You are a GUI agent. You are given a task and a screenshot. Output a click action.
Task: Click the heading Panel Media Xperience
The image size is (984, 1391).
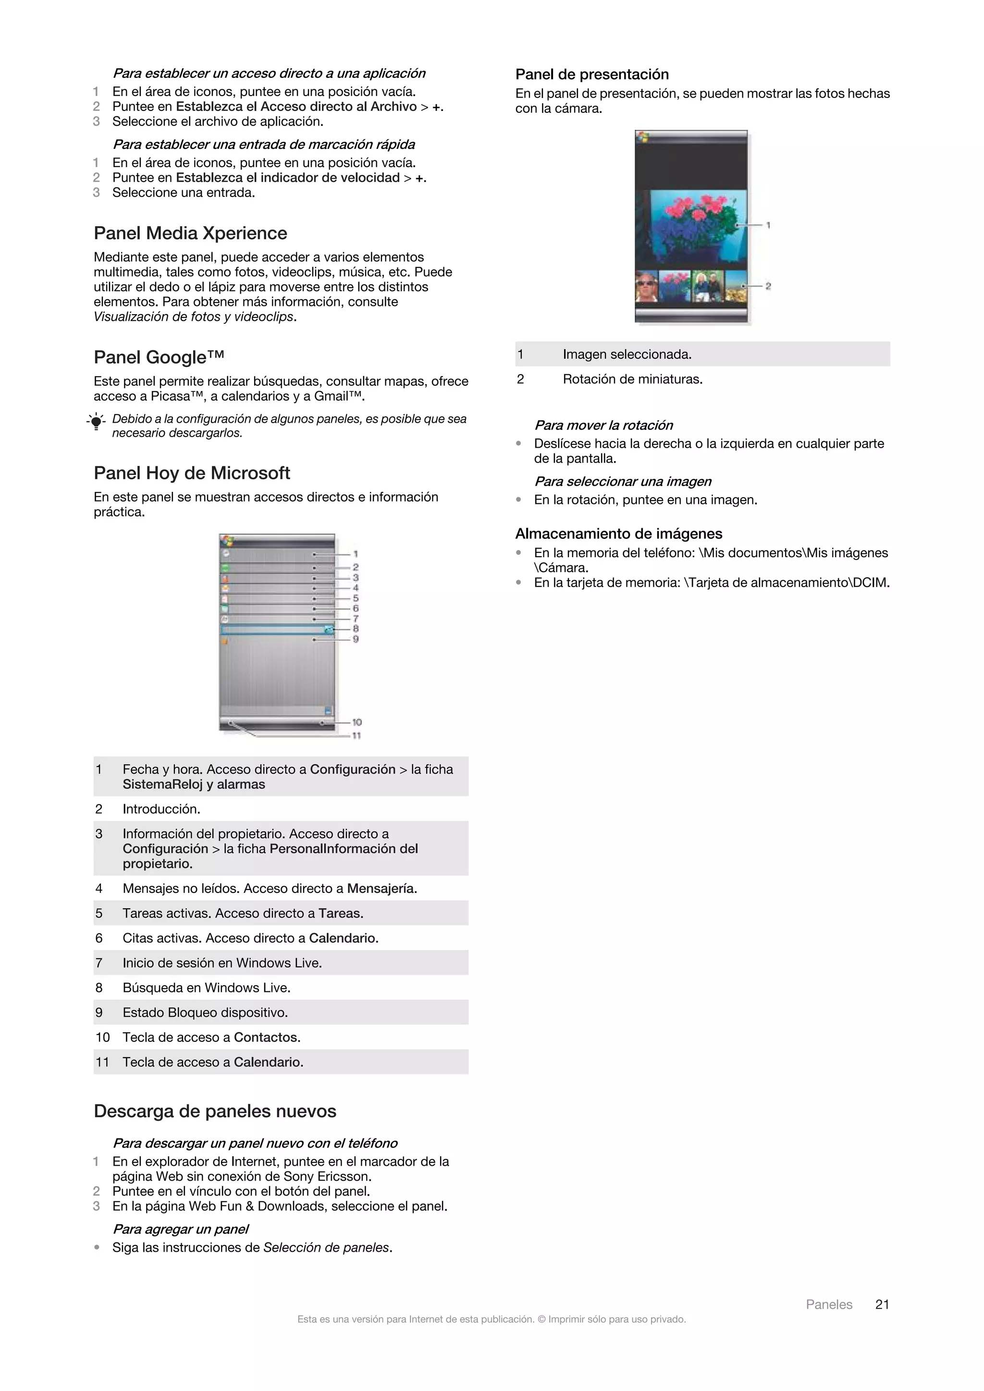[x=190, y=233]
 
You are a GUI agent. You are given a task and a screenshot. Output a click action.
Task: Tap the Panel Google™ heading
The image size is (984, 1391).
[x=159, y=357]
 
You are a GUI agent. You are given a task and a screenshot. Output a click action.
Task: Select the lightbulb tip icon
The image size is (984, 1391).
[x=96, y=422]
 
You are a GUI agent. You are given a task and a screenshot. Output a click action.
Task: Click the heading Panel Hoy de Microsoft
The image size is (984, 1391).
[x=192, y=473]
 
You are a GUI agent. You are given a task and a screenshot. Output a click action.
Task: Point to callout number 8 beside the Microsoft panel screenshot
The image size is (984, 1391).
[x=356, y=629]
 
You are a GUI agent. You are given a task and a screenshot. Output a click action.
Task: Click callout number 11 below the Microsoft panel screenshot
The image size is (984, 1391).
[x=357, y=735]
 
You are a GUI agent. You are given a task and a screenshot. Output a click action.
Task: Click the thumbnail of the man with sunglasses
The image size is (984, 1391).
[x=646, y=286]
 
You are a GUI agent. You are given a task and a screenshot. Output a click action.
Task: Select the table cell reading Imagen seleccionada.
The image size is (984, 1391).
[x=627, y=354]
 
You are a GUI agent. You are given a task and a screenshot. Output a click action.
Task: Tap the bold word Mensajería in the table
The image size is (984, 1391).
[x=381, y=889]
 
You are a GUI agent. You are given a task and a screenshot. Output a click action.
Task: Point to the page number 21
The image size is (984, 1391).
[x=882, y=1305]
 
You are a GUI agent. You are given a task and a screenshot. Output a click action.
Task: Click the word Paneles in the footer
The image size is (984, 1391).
[x=828, y=1305]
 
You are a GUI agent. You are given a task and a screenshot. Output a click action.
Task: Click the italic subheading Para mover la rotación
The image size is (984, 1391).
[x=603, y=425]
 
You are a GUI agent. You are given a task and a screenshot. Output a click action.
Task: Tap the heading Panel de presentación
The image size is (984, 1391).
[x=591, y=74]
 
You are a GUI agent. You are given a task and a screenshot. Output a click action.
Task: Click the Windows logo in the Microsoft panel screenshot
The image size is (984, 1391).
[x=227, y=541]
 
